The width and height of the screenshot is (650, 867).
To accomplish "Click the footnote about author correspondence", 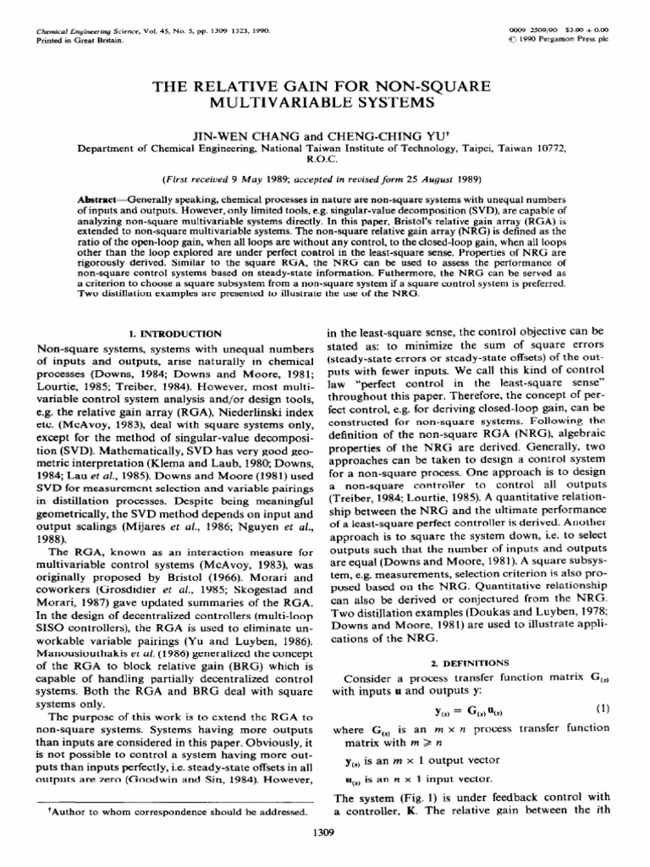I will click(x=174, y=811).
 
